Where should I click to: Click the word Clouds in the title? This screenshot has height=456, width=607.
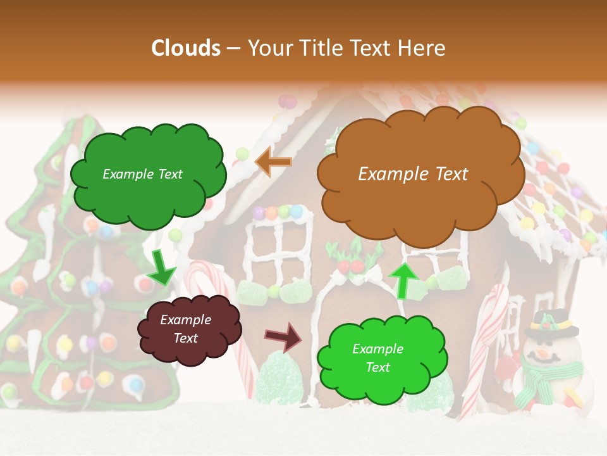pos(186,48)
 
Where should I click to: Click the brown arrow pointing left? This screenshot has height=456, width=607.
pos(274,162)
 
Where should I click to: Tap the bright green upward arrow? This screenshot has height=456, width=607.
pos(403,281)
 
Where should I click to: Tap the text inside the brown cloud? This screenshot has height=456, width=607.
pos(413,174)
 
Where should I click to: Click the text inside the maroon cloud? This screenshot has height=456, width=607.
pos(186,329)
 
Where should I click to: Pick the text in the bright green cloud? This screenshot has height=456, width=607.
pos(377,358)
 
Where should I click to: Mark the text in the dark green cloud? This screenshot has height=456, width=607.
pos(143,174)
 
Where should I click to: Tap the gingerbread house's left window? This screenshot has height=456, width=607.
pos(278,247)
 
